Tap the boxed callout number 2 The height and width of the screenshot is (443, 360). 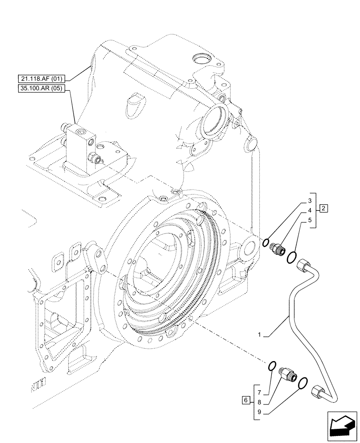[324, 208]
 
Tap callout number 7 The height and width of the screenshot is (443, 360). [260, 391]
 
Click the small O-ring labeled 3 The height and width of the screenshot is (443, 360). [265, 242]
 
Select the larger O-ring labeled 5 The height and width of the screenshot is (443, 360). [292, 257]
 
